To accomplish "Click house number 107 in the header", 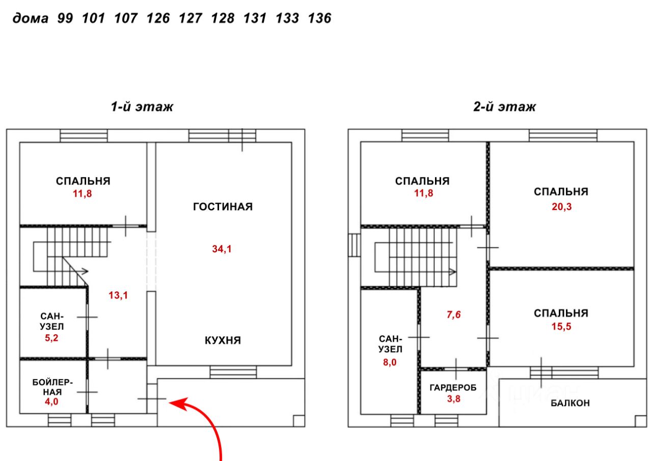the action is pyautogui.click(x=126, y=18).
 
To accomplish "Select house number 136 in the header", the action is pyautogui.click(x=319, y=18).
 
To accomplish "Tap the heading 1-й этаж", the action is pyautogui.click(x=142, y=107).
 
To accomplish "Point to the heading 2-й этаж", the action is pyautogui.click(x=504, y=107).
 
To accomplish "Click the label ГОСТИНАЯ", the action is pyautogui.click(x=223, y=207).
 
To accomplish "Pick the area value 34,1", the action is pyautogui.click(x=222, y=249).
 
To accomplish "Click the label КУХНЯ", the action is pyautogui.click(x=223, y=340).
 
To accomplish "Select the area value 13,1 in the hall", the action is pyautogui.click(x=118, y=295).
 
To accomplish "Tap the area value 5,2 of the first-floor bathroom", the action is pyautogui.click(x=51, y=338).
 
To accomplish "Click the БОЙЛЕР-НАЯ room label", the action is pyautogui.click(x=52, y=387).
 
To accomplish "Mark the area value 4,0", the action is pyautogui.click(x=51, y=401).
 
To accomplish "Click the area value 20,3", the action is pyautogui.click(x=562, y=207).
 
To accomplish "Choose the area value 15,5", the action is pyautogui.click(x=561, y=327).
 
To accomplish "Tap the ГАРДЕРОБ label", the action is pyautogui.click(x=453, y=388).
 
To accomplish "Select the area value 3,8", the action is pyautogui.click(x=454, y=399).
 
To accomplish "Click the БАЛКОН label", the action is pyautogui.click(x=570, y=403).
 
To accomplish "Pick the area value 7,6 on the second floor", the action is pyautogui.click(x=454, y=315).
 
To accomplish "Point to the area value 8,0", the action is pyautogui.click(x=390, y=362).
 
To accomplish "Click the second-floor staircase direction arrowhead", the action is pyautogui.click(x=453, y=272).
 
